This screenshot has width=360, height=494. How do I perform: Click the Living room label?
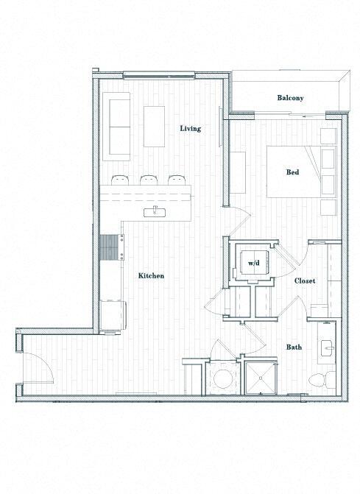(191, 128)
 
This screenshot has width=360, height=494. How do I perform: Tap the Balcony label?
(290, 98)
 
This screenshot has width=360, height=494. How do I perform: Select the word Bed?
(292, 172)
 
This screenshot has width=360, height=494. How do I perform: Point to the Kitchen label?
(151, 275)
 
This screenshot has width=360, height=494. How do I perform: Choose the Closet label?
(305, 281)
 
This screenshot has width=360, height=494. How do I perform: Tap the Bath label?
(294, 347)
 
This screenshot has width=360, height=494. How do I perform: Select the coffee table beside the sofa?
(155, 126)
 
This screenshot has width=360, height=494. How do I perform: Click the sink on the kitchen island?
(155, 212)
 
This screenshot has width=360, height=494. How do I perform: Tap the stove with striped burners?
(110, 247)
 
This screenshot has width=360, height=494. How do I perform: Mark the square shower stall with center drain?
(259, 378)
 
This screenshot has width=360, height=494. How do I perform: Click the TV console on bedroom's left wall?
(239, 172)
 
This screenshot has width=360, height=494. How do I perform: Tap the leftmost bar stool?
(120, 179)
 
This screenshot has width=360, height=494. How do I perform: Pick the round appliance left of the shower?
(222, 379)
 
